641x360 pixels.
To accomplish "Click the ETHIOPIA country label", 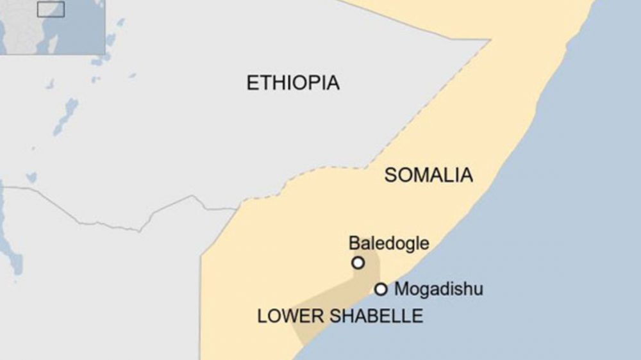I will click(x=293, y=83).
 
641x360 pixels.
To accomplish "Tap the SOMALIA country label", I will click(x=428, y=175).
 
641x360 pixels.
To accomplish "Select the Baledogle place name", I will click(x=388, y=243).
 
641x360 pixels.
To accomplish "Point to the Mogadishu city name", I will click(x=438, y=289).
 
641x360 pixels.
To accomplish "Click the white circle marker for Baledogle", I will click(x=358, y=263).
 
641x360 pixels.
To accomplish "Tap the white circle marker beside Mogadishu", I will click(x=381, y=289).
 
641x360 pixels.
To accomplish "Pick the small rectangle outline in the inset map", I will click(x=51, y=9).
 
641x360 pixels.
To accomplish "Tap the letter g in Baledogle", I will click(x=403, y=245).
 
